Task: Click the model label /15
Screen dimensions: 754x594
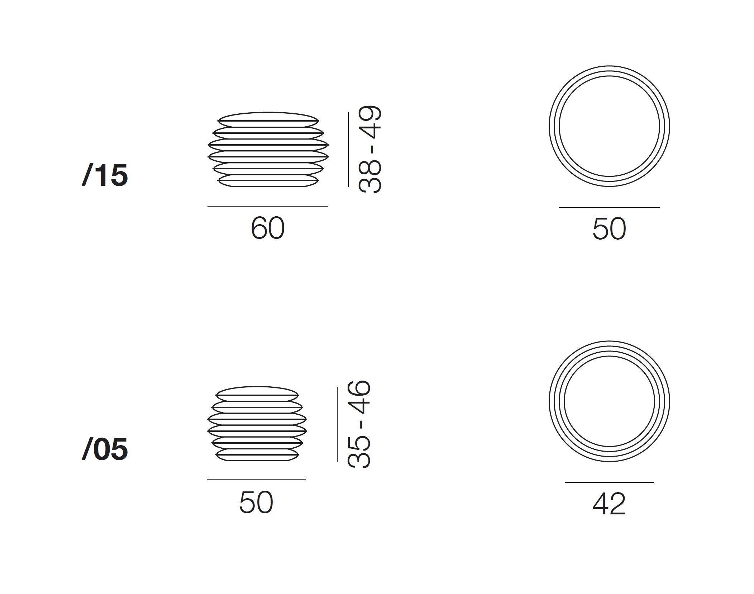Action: pos(105,175)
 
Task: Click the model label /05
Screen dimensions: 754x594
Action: pos(105,449)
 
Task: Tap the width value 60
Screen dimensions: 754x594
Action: pos(268,228)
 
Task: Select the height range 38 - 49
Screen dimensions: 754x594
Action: pos(370,150)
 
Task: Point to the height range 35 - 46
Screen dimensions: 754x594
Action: pos(359,424)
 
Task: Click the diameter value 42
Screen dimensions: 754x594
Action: pos(609,504)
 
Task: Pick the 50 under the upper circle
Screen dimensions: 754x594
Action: pos(609,228)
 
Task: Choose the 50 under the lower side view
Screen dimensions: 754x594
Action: pos(256,502)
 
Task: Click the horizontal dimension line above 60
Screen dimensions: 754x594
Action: pos(268,206)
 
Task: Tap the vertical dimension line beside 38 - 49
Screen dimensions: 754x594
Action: pos(348,149)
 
